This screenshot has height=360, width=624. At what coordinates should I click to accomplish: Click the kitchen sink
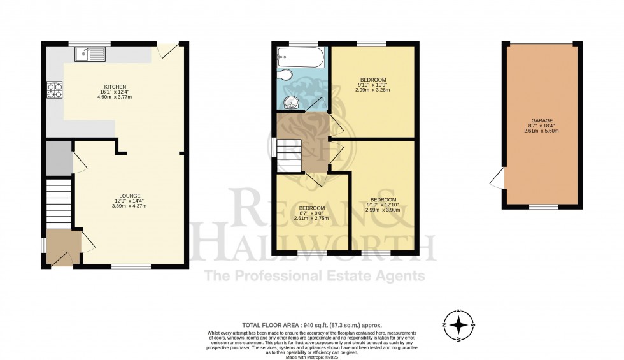pyautogui.click(x=90, y=54)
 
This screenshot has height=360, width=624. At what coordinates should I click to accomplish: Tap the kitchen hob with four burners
pyautogui.click(x=53, y=90)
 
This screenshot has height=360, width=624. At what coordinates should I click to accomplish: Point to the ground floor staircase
pyautogui.click(x=58, y=202)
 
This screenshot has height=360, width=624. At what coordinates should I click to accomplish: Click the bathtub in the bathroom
pyautogui.click(x=301, y=59)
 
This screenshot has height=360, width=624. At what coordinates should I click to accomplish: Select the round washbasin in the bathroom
pyautogui.click(x=292, y=102)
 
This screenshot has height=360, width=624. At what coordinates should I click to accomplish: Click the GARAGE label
pyautogui.click(x=541, y=120)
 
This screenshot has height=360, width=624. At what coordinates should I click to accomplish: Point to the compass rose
pyautogui.click(x=458, y=325)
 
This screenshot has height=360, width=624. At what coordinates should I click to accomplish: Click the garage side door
pyautogui.click(x=497, y=179)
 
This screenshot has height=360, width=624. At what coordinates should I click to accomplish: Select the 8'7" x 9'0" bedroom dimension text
pyautogui.click(x=312, y=213)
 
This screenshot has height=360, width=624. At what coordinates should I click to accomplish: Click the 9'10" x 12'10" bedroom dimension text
pyautogui.click(x=383, y=205)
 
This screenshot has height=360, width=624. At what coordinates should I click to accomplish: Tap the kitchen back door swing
pyautogui.click(x=169, y=51)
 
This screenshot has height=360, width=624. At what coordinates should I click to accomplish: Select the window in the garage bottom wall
pyautogui.click(x=541, y=206)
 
